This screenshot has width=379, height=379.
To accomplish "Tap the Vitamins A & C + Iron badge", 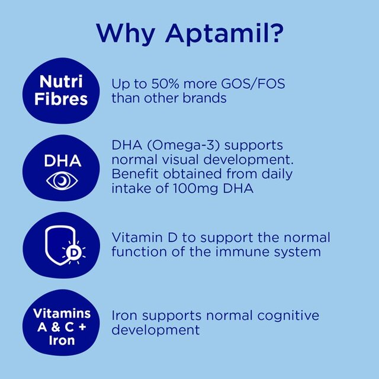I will pyautogui.click(x=62, y=326).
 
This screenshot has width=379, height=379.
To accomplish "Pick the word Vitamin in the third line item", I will pyautogui.click(x=136, y=237).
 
